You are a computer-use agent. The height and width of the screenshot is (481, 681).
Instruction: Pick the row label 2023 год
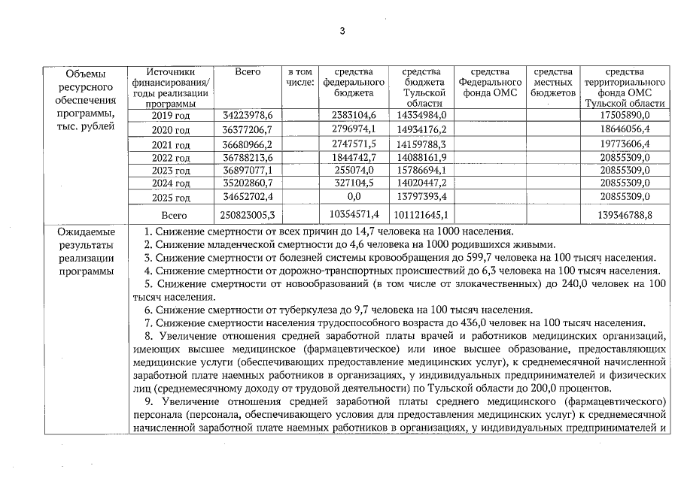(172, 171)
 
